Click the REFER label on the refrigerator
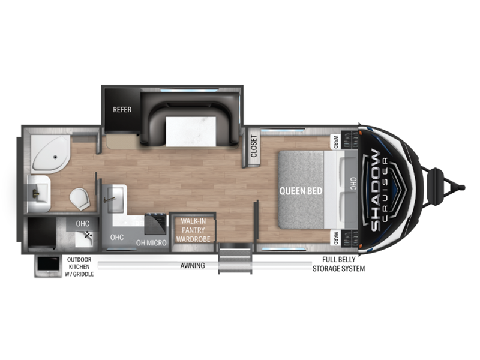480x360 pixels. tap(122, 110)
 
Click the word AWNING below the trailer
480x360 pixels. tap(192, 265)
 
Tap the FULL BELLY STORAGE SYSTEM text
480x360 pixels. tap(338, 265)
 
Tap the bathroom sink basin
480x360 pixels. tap(39, 191)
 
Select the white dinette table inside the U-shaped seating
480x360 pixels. tap(187, 131)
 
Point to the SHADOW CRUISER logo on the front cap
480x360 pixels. tap(377, 189)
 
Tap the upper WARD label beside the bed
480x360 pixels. tap(336, 142)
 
